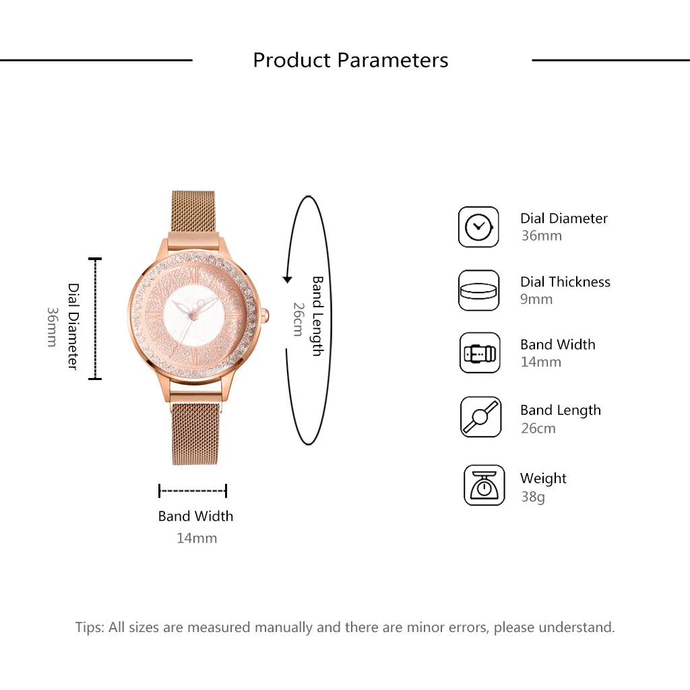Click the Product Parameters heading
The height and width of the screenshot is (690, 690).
coord(350,60)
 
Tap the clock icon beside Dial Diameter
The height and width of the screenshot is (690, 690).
coord(478,227)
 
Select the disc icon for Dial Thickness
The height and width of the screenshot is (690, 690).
coord(478,290)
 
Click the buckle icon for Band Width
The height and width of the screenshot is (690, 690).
coord(480,353)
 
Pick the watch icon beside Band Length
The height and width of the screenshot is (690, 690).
coord(480,417)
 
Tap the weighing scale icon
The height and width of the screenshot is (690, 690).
coord(484,485)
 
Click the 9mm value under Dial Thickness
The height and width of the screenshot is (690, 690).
coord(536,299)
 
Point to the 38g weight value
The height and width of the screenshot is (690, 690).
coord(532,497)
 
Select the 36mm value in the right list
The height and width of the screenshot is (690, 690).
coord(541,236)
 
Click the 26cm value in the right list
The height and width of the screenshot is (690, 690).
coord(538,428)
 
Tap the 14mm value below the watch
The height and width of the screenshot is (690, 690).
coord(197,538)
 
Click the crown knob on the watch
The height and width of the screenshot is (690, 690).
coord(265,314)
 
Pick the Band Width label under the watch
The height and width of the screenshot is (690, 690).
coord(195,516)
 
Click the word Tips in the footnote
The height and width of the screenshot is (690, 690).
coord(89,627)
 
